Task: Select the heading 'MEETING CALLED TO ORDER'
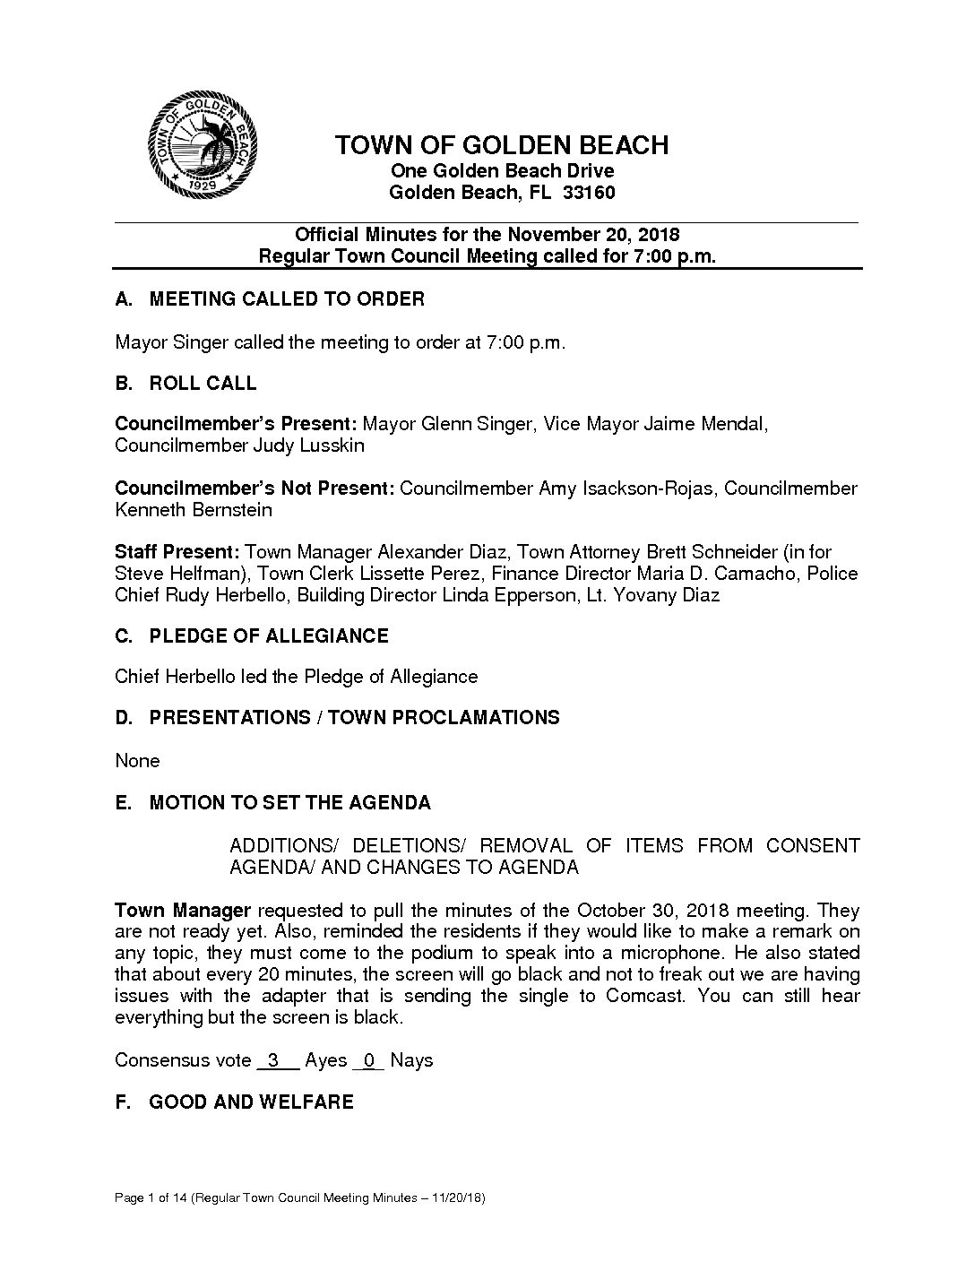coord(287,299)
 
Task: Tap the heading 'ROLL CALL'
coord(203,384)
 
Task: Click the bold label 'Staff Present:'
coord(177,552)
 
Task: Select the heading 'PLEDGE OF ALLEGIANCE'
coord(269,636)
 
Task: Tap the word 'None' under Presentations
coord(137,761)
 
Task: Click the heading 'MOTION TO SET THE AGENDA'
coord(289,803)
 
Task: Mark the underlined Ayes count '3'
coord(274,1060)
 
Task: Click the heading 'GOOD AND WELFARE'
coord(251,1102)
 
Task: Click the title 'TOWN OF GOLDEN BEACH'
coord(502,145)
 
